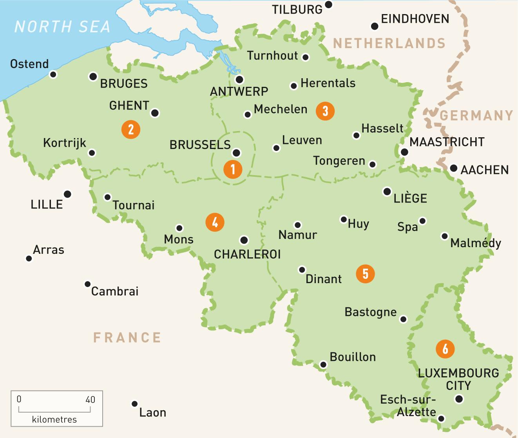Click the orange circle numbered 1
[x=233, y=169]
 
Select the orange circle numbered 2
[x=131, y=129]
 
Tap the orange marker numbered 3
[x=325, y=111]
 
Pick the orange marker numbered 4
[x=215, y=223]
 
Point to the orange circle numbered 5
[x=365, y=273]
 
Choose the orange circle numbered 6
[x=445, y=348]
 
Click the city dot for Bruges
[x=93, y=77]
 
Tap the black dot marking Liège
[x=387, y=192]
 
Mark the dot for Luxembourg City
[x=459, y=399]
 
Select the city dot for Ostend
[x=53, y=74]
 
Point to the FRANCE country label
[x=127, y=337]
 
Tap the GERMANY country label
[x=476, y=115]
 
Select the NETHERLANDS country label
[x=389, y=43]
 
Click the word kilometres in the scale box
[x=54, y=420]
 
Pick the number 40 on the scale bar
[x=90, y=399]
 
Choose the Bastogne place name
[x=371, y=312]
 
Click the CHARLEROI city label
[x=247, y=254]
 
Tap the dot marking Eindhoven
[x=375, y=26]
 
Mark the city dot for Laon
[x=134, y=404]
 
